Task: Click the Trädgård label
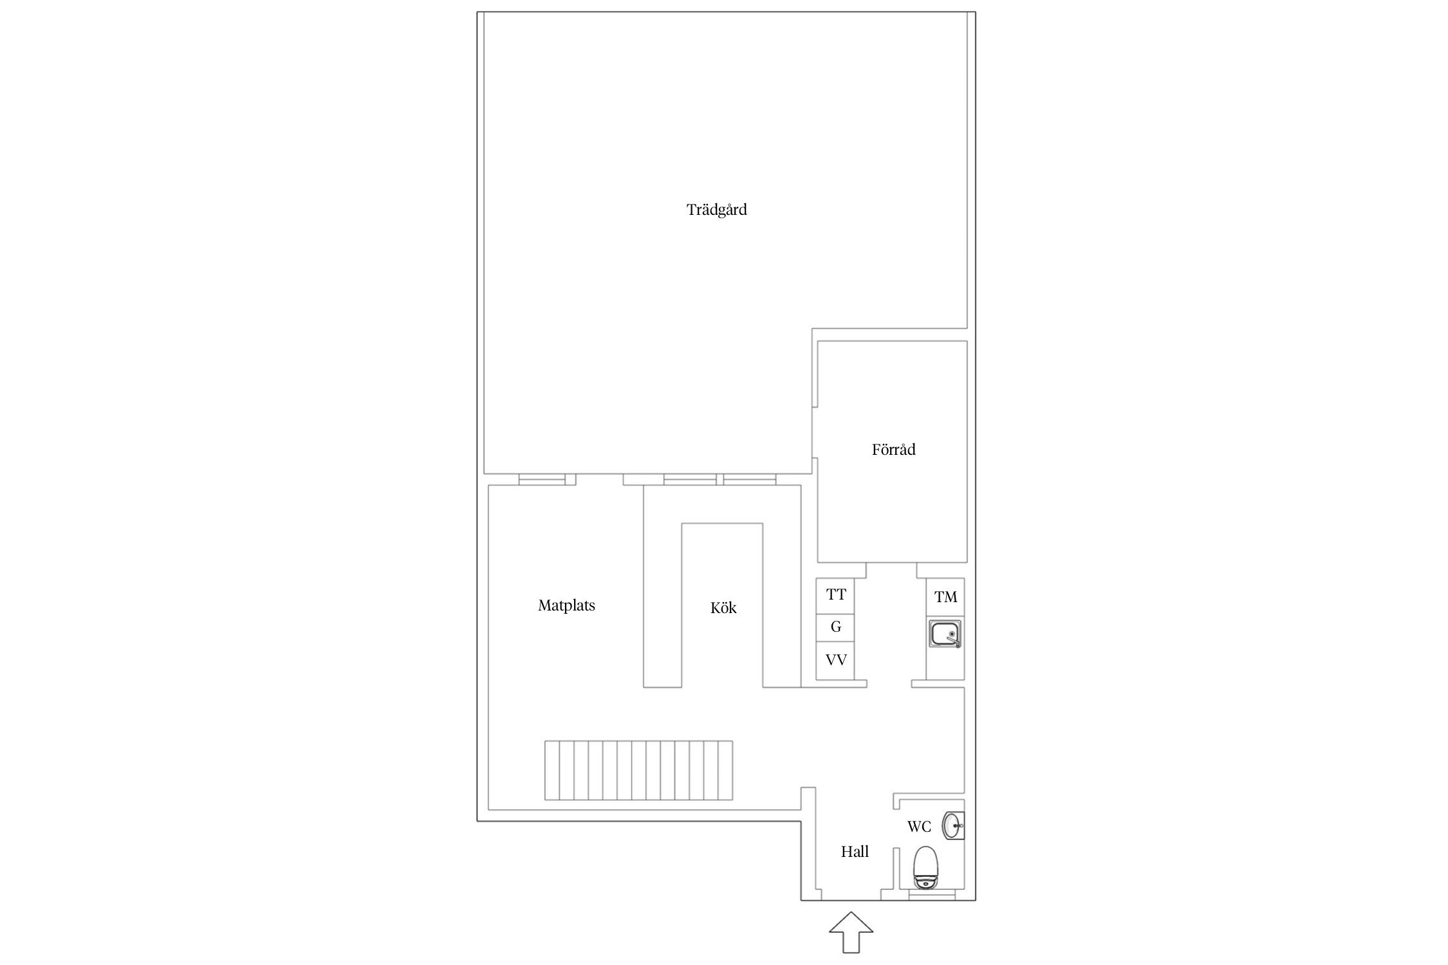(716, 210)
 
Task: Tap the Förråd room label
(893, 449)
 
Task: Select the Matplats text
(566, 605)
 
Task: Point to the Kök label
(723, 607)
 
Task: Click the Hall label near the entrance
(855, 852)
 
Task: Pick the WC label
(919, 827)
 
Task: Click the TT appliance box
(835, 594)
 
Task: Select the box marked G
(835, 627)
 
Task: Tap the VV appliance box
(835, 660)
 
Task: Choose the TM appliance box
(945, 597)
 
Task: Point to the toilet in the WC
(925, 868)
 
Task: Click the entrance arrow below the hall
(851, 932)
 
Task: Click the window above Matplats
(542, 479)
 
